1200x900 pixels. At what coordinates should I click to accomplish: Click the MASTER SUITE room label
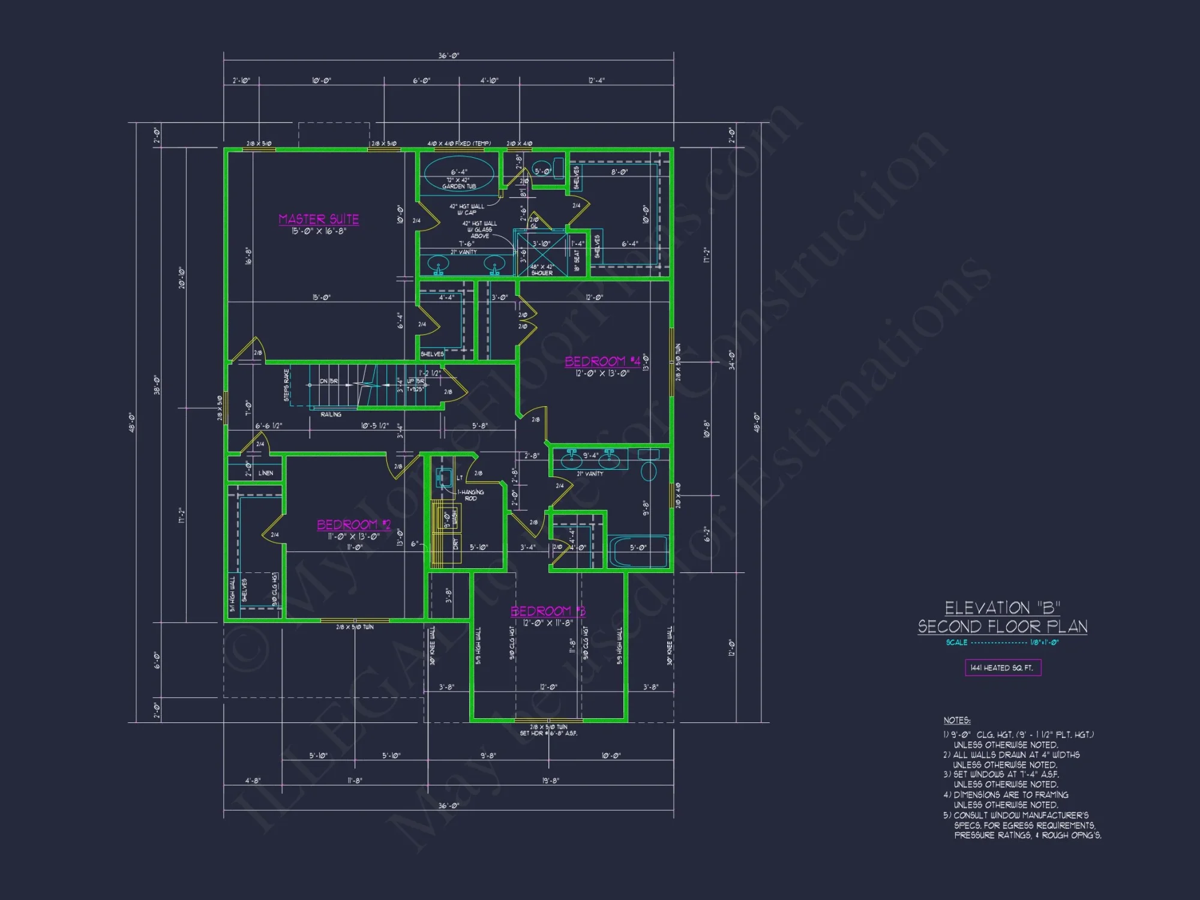pyautogui.click(x=319, y=220)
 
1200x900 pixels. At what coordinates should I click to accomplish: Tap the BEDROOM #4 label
pyautogui.click(x=602, y=361)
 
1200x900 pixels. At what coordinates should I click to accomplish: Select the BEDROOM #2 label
pyautogui.click(x=353, y=525)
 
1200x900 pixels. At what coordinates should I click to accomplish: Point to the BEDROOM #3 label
pyautogui.click(x=547, y=611)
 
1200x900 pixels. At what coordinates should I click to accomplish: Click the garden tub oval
pyautogui.click(x=459, y=173)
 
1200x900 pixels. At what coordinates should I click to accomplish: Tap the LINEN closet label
pyautogui.click(x=266, y=473)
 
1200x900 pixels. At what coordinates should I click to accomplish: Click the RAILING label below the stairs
pyautogui.click(x=331, y=415)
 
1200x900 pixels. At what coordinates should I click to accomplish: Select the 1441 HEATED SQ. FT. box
pyautogui.click(x=1003, y=668)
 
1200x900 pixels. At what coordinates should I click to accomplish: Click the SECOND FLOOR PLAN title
pyautogui.click(x=1003, y=627)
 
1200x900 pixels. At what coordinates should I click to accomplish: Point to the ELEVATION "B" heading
pyautogui.click(x=1003, y=608)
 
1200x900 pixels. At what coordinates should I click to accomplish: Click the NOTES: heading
pyautogui.click(x=957, y=721)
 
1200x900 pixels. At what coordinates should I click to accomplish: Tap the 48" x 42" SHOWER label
pyautogui.click(x=542, y=270)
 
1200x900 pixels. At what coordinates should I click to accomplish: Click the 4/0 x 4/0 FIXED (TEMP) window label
pyautogui.click(x=459, y=143)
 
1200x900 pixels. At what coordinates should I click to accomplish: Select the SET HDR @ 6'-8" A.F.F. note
pyautogui.click(x=548, y=734)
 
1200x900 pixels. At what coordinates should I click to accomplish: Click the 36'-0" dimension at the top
pyautogui.click(x=449, y=56)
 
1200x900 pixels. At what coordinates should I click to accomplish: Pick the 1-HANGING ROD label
pyautogui.click(x=471, y=495)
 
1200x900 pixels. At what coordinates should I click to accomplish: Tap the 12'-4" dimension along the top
pyautogui.click(x=596, y=80)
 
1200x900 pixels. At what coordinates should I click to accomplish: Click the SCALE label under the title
pyautogui.click(x=956, y=643)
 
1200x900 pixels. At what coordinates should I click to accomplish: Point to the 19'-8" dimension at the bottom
pyautogui.click(x=550, y=781)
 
